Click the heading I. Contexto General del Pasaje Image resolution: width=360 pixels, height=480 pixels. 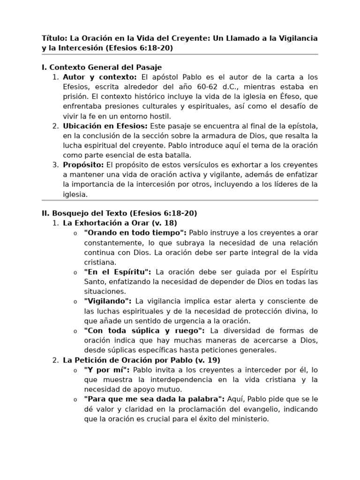102,67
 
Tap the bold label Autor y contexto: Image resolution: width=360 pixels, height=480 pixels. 100,77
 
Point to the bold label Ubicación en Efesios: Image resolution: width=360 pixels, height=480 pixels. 105,126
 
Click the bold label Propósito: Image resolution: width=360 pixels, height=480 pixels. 83,165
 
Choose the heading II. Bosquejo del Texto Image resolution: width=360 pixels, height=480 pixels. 119,213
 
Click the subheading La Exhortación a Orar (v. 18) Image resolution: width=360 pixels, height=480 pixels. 120,223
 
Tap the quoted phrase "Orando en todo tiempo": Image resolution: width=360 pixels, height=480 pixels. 135,233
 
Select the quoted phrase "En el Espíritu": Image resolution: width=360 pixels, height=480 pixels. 118,272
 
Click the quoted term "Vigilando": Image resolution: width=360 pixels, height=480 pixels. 108,301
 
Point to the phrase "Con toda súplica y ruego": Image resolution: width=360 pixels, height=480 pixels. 144,330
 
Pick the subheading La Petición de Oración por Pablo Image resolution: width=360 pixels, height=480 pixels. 142,360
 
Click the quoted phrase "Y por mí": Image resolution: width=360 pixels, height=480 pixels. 107,370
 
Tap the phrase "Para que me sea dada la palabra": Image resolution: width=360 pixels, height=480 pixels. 154,399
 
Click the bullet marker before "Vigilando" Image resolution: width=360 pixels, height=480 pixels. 75,301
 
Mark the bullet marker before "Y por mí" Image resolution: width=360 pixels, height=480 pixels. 75,370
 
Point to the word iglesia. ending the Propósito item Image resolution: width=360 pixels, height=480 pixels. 75,194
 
